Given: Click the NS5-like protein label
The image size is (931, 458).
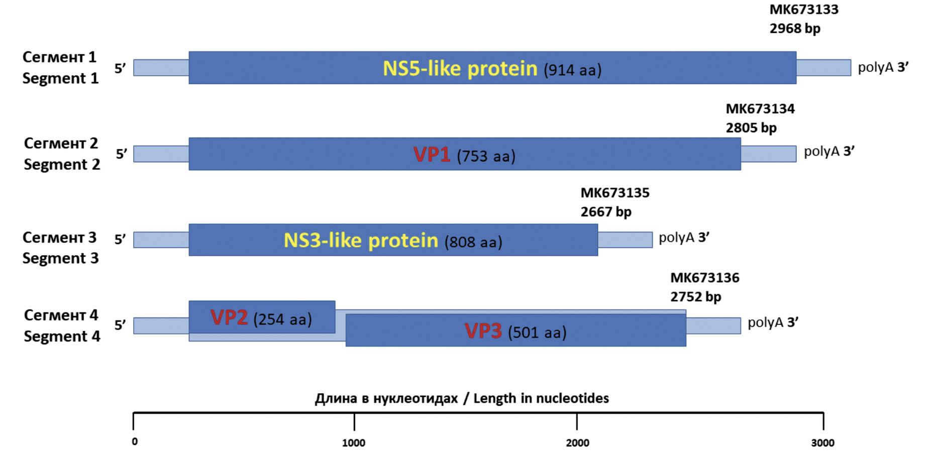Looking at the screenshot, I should (x=460, y=68).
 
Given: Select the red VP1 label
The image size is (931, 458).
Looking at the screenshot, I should (x=431, y=155).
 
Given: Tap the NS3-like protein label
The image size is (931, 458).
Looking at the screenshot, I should (x=361, y=241).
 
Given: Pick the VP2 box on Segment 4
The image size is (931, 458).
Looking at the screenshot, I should (x=262, y=317).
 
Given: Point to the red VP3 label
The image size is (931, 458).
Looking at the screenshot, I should (x=483, y=331).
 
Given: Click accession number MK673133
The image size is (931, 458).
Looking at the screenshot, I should (x=804, y=10).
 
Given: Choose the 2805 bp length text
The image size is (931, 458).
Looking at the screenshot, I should (x=751, y=128).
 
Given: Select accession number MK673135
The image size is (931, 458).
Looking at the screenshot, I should (x=615, y=193).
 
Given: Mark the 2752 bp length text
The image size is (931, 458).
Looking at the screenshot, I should (x=695, y=297).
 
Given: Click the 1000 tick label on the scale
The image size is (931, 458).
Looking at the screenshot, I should (x=354, y=443).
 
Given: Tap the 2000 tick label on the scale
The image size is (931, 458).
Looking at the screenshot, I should (x=577, y=443).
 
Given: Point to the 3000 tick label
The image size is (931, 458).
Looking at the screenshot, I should (x=822, y=443).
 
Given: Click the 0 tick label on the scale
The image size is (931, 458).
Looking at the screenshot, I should (x=135, y=442).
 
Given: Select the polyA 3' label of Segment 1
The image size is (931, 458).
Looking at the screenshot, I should (x=883, y=67).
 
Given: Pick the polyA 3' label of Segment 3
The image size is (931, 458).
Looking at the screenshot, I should (x=684, y=238).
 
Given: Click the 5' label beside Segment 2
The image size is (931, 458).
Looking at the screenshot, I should (x=121, y=154).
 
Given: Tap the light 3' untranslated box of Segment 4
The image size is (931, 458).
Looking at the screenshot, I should (x=713, y=325).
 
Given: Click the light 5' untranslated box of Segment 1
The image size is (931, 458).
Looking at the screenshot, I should (x=161, y=68).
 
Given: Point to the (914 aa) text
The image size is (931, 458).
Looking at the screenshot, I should (x=572, y=70).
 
